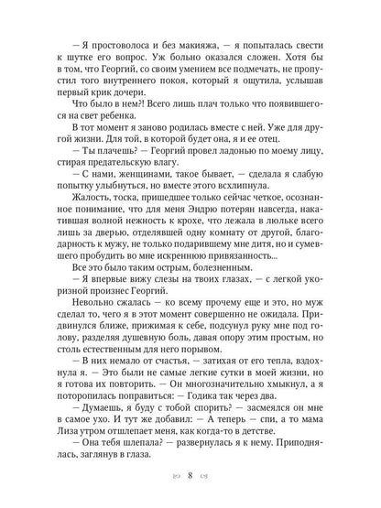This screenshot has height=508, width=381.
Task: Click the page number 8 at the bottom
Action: coord(190,477)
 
